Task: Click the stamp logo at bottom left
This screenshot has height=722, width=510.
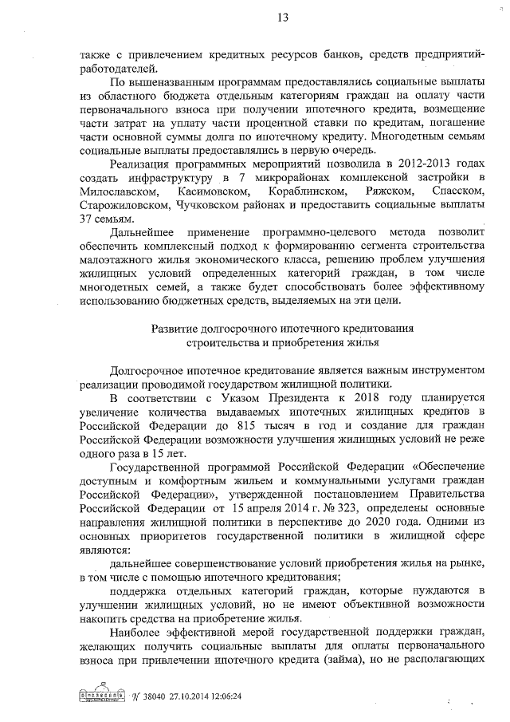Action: pyautogui.click(x=103, y=694)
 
